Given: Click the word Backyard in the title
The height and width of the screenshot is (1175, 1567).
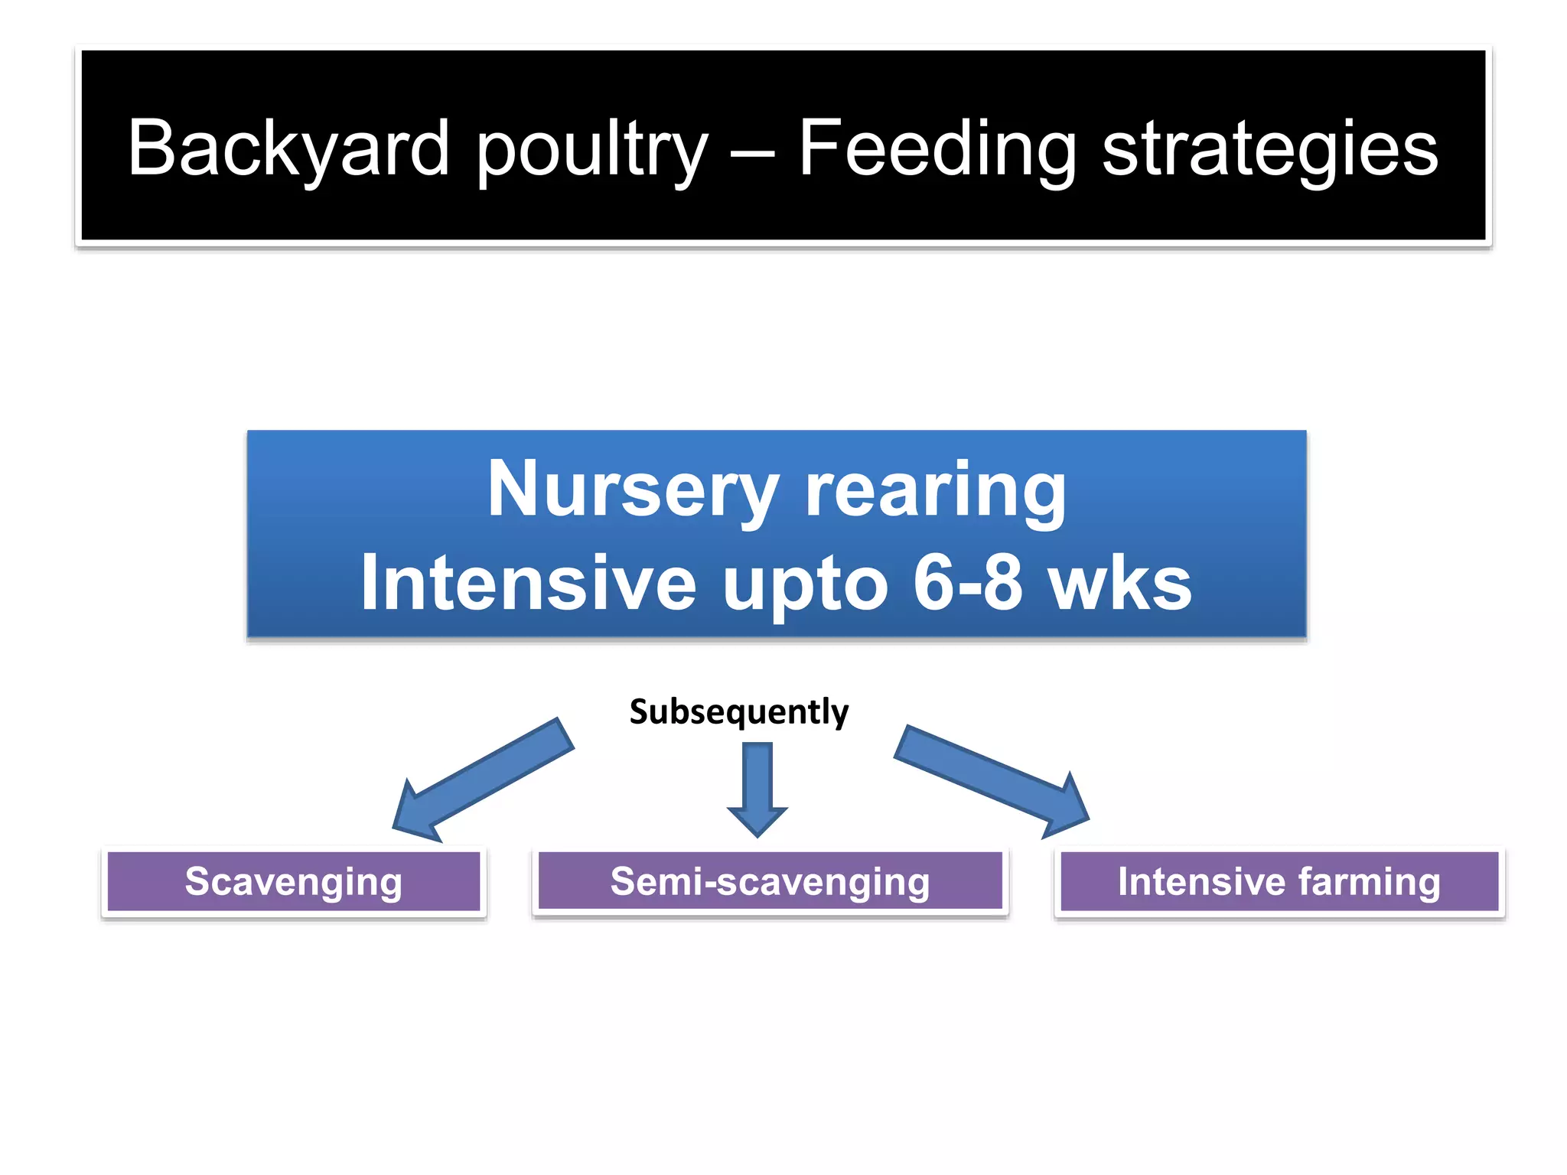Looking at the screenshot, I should [x=288, y=148].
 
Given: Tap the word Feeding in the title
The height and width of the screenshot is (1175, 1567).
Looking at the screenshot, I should [x=937, y=148].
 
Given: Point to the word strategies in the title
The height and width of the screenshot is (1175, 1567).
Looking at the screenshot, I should [x=1269, y=148].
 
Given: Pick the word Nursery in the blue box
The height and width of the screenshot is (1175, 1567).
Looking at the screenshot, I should [x=634, y=490].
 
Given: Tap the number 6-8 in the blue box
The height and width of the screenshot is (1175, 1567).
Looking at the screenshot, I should [x=967, y=583].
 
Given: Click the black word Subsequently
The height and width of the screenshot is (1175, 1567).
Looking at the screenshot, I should [x=738, y=711].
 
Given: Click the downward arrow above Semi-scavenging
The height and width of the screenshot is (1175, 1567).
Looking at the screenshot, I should [x=757, y=788].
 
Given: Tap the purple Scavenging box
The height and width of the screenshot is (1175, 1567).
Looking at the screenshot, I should [x=293, y=881].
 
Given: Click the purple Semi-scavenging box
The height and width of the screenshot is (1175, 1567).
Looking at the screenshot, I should [x=770, y=881].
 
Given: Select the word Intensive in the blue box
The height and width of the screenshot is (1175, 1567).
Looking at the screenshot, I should [x=528, y=583].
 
